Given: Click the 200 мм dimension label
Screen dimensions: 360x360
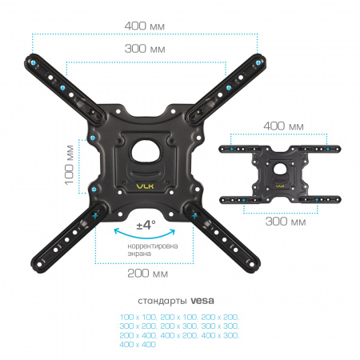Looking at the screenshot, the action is (x=148, y=274).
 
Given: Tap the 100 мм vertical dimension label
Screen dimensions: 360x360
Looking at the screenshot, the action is (x=70, y=165).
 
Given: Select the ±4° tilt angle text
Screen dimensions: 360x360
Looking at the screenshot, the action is (x=146, y=225).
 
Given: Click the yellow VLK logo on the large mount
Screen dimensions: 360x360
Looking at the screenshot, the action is (x=145, y=186).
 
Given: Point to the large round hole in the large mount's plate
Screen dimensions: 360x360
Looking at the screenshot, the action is (x=146, y=151).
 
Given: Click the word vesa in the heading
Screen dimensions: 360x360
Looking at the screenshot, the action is (x=202, y=301).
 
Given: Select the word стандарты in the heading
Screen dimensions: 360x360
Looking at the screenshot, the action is (x=162, y=301).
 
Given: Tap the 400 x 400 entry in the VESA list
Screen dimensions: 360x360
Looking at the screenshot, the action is (x=138, y=344).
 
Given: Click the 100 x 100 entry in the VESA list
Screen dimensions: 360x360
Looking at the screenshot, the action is (x=138, y=317).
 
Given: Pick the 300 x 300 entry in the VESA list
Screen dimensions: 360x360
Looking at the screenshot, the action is (x=220, y=326).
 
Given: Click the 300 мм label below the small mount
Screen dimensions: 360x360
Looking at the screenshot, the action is (x=286, y=222).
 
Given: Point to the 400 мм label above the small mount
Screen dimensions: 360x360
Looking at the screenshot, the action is (x=283, y=126).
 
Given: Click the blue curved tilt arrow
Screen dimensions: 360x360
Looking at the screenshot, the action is (x=145, y=236).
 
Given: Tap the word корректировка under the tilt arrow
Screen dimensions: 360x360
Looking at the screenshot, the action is (x=153, y=246).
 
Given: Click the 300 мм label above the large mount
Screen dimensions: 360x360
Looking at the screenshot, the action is (x=145, y=49).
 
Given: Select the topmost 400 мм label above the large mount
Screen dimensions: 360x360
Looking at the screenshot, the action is (x=145, y=26).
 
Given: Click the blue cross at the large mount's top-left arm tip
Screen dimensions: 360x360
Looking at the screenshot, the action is (x=33, y=63).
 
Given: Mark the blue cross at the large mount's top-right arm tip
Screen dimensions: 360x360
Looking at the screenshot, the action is (x=258, y=62).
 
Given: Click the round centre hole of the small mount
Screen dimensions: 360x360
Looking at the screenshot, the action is (x=279, y=169).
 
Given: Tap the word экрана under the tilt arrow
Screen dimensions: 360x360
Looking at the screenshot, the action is (x=139, y=254).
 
